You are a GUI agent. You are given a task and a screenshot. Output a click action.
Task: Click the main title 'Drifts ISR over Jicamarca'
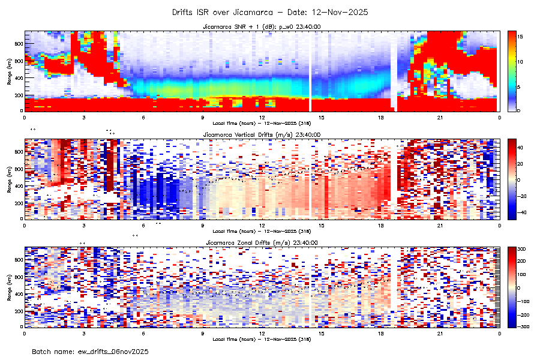(x=269, y=11)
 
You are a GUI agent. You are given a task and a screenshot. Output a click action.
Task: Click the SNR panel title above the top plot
(x=262, y=27)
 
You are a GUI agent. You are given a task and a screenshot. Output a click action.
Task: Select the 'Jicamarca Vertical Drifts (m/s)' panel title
(x=262, y=135)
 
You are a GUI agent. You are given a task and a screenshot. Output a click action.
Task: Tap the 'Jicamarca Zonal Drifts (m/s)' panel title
(x=262, y=243)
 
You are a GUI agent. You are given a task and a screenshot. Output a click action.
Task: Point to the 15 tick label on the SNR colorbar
(x=521, y=37)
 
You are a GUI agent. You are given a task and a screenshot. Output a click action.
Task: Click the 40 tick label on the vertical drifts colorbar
(x=521, y=147)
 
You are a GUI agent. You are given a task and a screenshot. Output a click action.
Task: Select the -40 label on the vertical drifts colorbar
(x=522, y=212)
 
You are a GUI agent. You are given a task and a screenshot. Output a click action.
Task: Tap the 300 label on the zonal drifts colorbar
(x=523, y=248)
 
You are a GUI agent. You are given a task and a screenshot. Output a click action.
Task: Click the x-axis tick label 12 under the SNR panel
(x=262, y=117)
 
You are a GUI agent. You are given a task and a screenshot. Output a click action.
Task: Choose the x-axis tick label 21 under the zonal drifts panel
(x=440, y=333)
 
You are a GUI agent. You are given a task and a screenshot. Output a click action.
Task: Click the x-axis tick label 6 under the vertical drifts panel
(x=143, y=225)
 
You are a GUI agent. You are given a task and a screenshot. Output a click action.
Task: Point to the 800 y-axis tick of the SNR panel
(x=19, y=44)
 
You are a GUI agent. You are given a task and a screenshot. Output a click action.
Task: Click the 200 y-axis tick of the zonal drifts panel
(x=19, y=311)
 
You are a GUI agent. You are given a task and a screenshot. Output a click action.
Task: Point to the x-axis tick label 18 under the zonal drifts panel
(x=380, y=333)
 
